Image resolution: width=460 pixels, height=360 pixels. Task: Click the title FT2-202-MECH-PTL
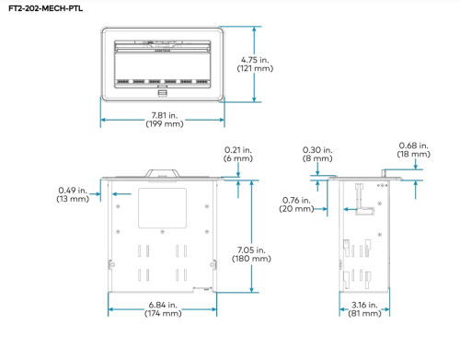click(x=45, y=8)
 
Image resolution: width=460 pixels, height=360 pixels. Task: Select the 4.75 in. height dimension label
click(x=255, y=60)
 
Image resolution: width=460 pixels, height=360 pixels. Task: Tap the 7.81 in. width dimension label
click(x=165, y=115)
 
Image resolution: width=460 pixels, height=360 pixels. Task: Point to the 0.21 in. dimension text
click(x=238, y=150)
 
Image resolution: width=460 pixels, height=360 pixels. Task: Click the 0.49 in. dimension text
click(x=73, y=191)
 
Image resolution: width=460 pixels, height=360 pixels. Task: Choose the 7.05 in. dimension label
click(x=251, y=250)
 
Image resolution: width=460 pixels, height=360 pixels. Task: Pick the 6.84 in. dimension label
click(x=163, y=305)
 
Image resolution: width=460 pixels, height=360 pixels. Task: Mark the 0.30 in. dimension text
click(x=317, y=150)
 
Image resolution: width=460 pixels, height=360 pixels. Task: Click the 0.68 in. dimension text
click(x=413, y=145)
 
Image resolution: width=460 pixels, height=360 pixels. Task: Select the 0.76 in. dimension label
click(x=296, y=201)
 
